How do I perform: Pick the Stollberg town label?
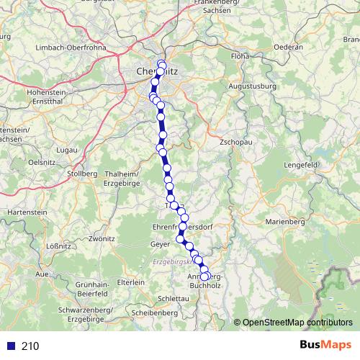81,174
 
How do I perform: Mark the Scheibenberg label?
155,313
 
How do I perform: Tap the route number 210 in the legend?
30,346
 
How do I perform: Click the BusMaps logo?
323,345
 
